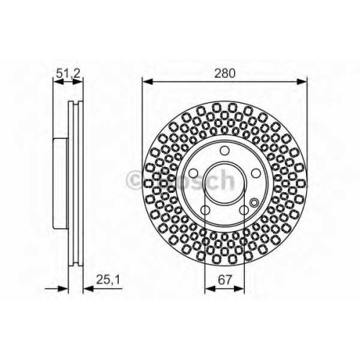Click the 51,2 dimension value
(x=68, y=73)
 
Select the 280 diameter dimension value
(x=225, y=73)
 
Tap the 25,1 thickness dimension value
(x=108, y=279)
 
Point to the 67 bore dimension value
(x=225, y=279)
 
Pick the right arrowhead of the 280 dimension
(x=302, y=81)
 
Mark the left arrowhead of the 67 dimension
(x=210, y=288)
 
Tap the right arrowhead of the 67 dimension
(x=239, y=288)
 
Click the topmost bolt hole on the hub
(x=225, y=150)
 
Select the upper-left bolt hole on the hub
(x=193, y=173)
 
